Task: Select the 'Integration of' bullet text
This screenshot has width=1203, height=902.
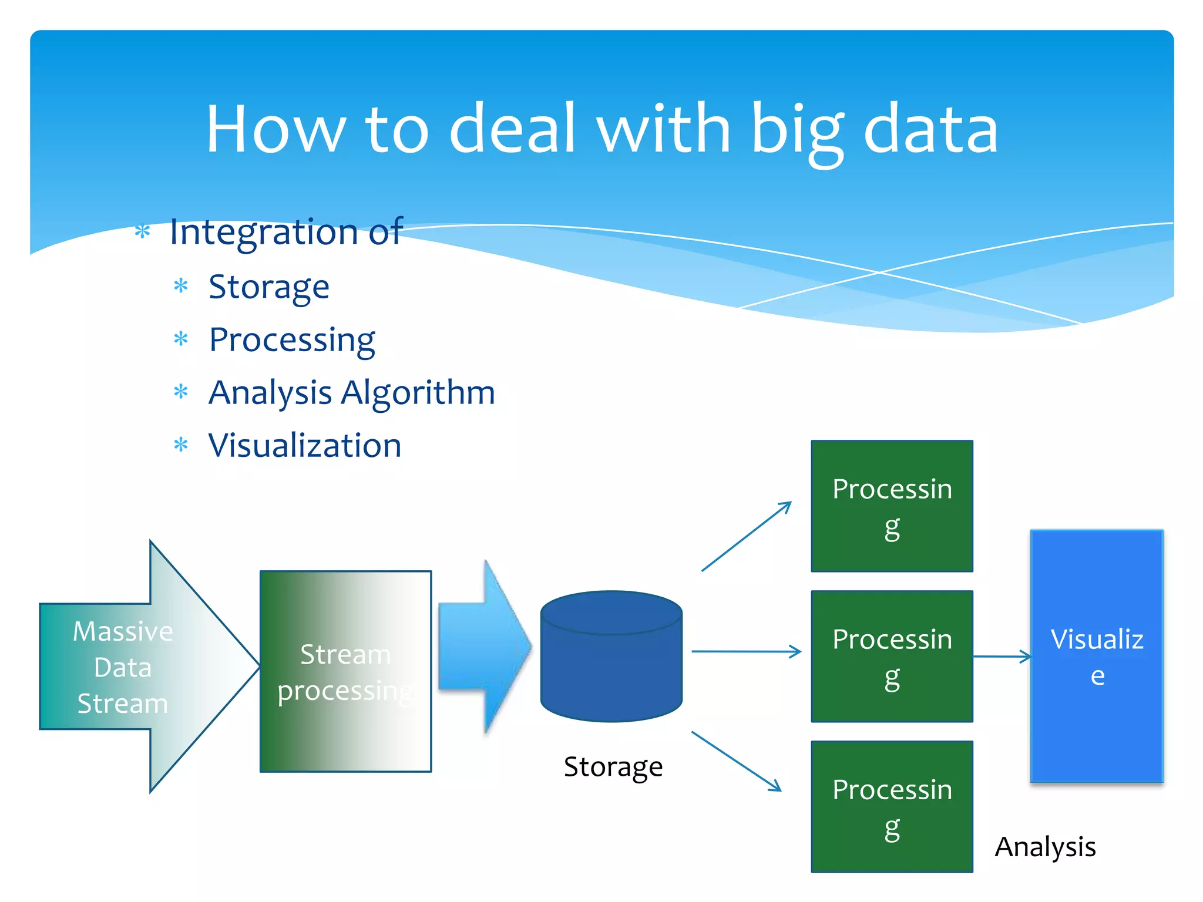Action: (x=286, y=231)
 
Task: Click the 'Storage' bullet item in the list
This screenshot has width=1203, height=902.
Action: (x=269, y=287)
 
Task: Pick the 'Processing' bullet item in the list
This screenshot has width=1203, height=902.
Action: (x=292, y=340)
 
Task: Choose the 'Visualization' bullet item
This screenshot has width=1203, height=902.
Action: (x=305, y=446)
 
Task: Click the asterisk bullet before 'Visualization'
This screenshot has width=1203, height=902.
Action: (x=181, y=445)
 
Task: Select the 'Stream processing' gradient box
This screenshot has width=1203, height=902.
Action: (x=345, y=671)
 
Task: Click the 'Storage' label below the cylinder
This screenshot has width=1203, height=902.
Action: (x=613, y=767)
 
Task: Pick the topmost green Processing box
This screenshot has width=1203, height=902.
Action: (x=892, y=506)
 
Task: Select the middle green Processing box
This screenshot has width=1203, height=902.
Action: (x=892, y=657)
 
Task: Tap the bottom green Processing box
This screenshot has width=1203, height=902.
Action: (x=892, y=807)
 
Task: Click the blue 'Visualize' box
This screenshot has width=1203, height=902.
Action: (x=1097, y=657)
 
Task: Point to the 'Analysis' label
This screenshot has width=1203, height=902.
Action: (x=1045, y=847)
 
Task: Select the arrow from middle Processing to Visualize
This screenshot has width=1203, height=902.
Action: (x=1002, y=657)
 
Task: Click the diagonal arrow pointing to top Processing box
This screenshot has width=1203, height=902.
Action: (x=746, y=536)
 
